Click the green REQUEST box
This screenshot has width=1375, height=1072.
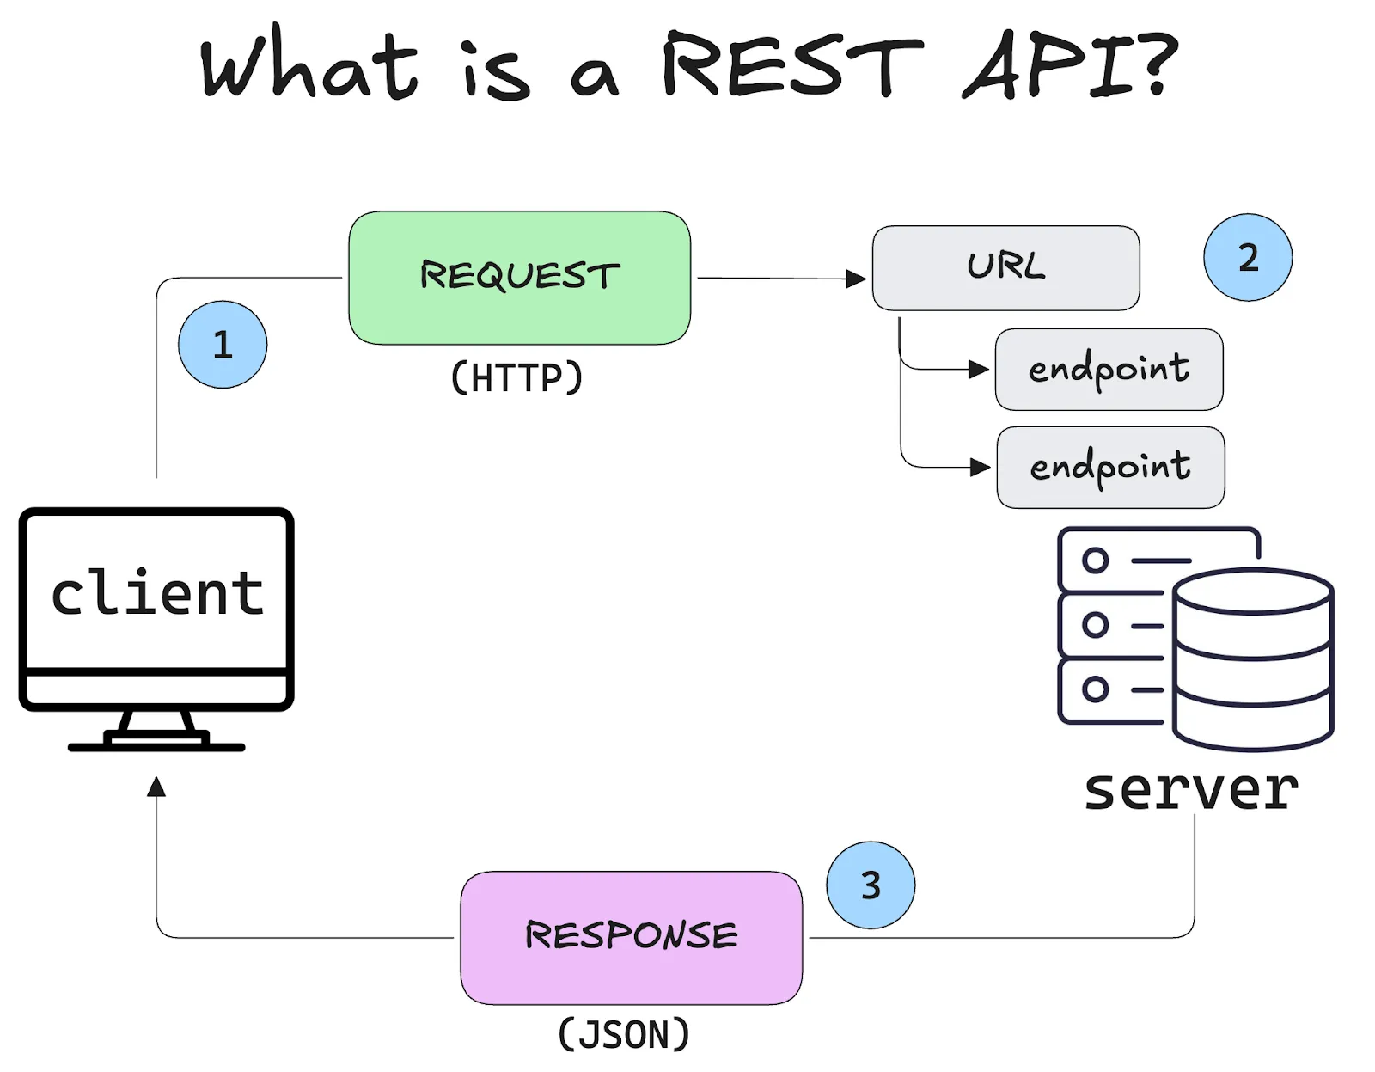click(x=519, y=278)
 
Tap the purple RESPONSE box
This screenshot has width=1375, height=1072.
click(x=631, y=937)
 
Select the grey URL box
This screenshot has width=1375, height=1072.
click(x=1005, y=267)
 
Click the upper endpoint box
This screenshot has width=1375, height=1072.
click(x=1109, y=369)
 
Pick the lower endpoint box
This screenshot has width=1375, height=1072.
click(x=1110, y=467)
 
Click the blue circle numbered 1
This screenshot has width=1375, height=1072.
click(x=223, y=345)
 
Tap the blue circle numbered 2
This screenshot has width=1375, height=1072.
click(x=1248, y=257)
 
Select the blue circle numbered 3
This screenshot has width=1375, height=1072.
click(x=871, y=885)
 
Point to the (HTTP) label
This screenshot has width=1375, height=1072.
click(x=516, y=377)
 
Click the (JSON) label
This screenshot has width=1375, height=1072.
click(x=624, y=1034)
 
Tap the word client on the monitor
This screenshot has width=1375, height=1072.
click(x=156, y=593)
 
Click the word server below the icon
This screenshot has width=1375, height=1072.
click(x=1191, y=789)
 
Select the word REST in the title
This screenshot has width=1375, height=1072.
click(x=791, y=64)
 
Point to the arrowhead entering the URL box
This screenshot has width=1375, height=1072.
click(x=856, y=279)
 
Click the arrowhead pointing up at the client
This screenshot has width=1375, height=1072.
click(x=156, y=786)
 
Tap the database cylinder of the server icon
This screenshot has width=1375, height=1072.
click(x=1253, y=658)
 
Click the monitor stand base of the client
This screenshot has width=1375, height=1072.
click(x=156, y=745)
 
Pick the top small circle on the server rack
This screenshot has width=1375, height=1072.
click(x=1095, y=561)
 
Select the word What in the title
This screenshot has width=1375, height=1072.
click(x=309, y=64)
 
